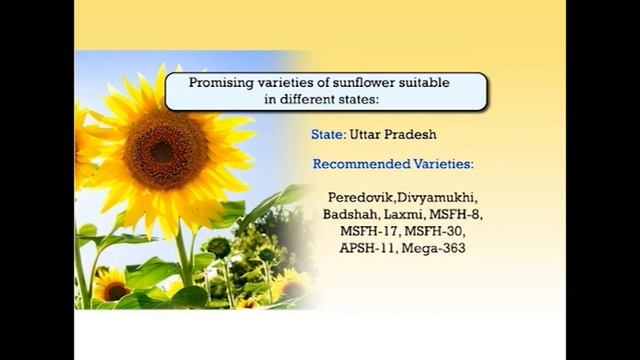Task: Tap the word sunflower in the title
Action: click(364, 84)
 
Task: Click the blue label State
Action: click(327, 133)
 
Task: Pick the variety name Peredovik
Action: click(362, 199)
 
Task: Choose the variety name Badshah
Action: click(350, 215)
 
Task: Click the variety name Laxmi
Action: click(406, 215)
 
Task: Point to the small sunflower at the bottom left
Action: click(111, 285)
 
